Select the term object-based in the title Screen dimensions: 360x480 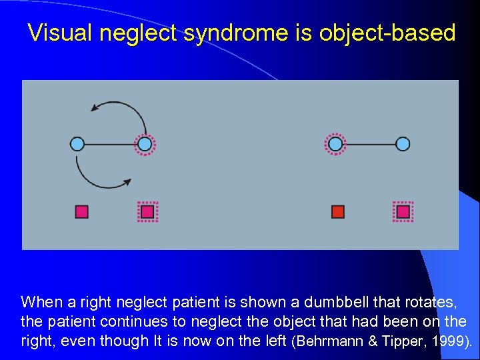click(x=389, y=33)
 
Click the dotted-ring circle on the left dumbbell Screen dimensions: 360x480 click(x=145, y=143)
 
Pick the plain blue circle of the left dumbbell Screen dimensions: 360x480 click(x=77, y=143)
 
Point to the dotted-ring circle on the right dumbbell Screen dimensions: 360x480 click(x=335, y=143)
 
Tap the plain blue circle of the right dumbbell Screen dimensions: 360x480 click(x=403, y=143)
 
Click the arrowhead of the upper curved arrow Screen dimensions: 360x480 click(x=95, y=107)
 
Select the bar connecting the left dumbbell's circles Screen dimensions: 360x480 click(x=111, y=143)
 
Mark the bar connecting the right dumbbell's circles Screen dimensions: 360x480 click(x=369, y=143)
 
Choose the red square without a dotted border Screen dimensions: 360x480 click(x=338, y=212)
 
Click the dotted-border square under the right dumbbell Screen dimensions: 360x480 click(x=403, y=212)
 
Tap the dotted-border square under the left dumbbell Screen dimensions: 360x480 click(x=147, y=212)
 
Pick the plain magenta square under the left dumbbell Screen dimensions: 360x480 click(x=82, y=212)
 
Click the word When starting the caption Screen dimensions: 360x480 click(x=39, y=302)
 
